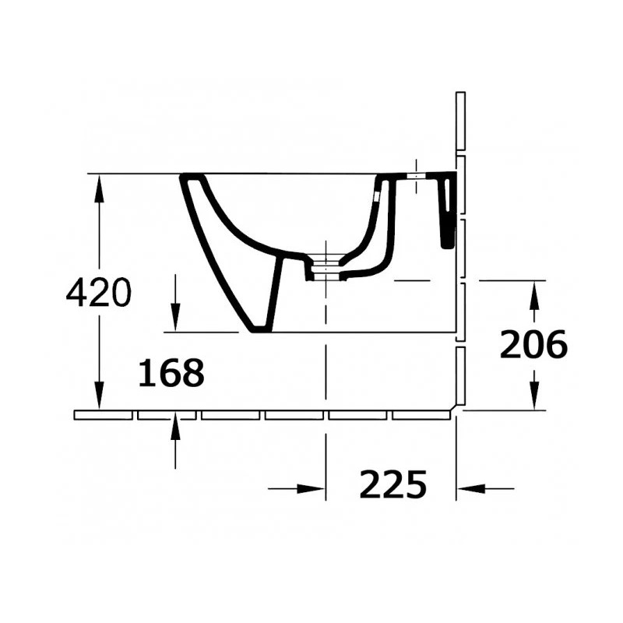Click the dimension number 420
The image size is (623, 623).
click(x=99, y=293)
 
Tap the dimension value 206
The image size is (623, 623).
click(x=533, y=344)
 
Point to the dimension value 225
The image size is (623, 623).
click(x=393, y=484)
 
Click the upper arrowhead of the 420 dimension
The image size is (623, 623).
click(x=99, y=188)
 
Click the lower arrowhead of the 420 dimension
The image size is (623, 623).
click(x=99, y=396)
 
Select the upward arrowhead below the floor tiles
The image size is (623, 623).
click(x=175, y=426)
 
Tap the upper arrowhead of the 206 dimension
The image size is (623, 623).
click(x=534, y=294)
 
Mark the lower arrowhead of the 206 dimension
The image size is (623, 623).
click(x=534, y=396)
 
